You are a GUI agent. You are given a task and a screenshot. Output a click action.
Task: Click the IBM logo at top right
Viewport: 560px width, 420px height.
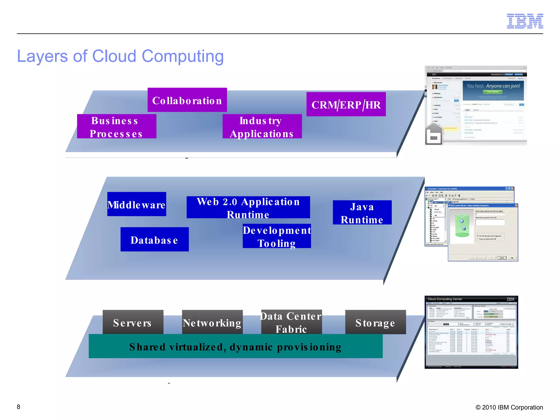pos(525,21)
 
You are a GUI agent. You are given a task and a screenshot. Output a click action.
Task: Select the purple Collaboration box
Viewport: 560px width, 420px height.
pos(187,100)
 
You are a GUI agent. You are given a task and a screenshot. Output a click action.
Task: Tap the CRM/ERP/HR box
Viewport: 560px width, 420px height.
pos(346,104)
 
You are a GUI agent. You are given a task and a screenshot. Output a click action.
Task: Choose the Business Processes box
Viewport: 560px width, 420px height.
pos(116,127)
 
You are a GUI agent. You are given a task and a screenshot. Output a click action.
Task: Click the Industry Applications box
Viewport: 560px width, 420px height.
pos(262,127)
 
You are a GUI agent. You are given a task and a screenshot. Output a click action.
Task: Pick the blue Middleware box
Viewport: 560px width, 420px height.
pos(136,204)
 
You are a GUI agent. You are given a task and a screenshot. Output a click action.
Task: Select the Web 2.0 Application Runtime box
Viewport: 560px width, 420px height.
pos(248,208)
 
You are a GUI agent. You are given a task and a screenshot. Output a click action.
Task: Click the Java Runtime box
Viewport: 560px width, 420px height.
pos(362,213)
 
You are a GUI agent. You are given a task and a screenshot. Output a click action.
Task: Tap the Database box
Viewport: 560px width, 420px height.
pos(154,240)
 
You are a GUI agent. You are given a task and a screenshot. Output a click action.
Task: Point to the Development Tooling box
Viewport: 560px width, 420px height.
pos(277,236)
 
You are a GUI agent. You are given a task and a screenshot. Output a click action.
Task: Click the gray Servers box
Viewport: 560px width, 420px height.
pos(133,322)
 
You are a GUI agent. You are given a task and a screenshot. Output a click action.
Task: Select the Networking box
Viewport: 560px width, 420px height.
pos(212,322)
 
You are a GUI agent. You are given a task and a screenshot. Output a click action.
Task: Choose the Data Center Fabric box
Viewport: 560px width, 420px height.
pos(291,322)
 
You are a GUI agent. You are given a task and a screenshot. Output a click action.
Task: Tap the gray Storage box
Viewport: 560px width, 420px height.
pos(375,322)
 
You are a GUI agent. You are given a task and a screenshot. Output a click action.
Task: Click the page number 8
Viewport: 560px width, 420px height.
pos(18,407)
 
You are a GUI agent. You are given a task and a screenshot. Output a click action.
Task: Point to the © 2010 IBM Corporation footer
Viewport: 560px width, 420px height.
pos(509,407)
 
